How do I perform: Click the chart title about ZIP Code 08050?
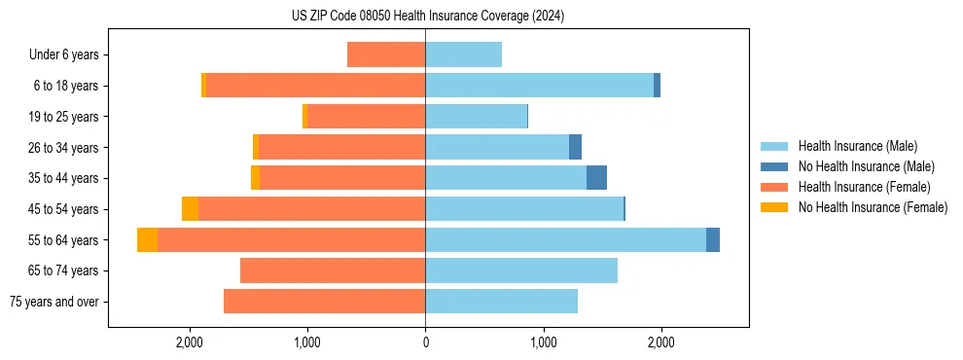click(x=427, y=16)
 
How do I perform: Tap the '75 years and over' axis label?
click(x=53, y=302)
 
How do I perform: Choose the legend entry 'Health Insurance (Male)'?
click(x=857, y=146)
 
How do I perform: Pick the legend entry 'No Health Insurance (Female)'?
click(x=873, y=207)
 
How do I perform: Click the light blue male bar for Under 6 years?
click(x=463, y=55)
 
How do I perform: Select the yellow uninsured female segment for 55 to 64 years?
click(x=147, y=240)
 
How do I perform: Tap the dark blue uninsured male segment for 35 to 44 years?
click(x=596, y=178)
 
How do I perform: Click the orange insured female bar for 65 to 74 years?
click(x=333, y=270)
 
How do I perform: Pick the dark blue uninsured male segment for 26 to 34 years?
click(x=575, y=148)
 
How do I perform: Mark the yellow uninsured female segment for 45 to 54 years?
click(x=190, y=209)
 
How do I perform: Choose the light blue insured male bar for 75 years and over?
click(x=501, y=302)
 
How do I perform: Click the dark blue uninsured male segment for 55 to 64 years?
click(x=713, y=240)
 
